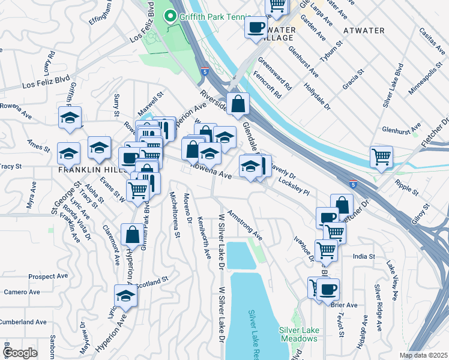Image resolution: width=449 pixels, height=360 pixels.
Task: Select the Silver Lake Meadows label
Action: tap(298, 334)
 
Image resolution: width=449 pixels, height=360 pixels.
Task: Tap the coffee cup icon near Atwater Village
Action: tap(256, 28)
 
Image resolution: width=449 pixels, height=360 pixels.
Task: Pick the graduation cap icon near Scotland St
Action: tap(125, 296)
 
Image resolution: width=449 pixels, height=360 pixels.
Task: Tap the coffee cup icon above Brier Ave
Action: tap(328, 290)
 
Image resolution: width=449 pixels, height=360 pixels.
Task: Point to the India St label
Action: tap(364, 256)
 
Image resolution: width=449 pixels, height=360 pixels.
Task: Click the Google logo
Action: tap(20, 353)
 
